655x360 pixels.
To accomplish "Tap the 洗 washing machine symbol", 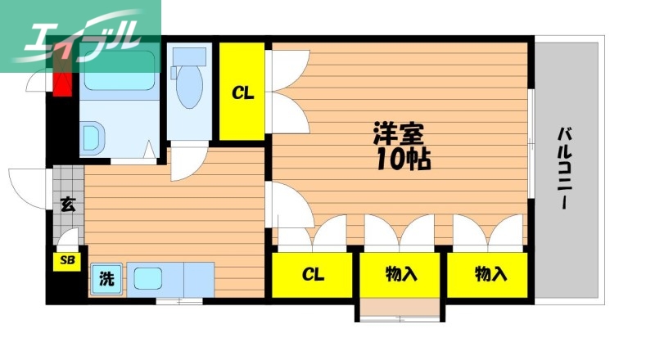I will tap(106, 279).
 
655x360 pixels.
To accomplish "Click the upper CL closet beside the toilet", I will tap(242, 92).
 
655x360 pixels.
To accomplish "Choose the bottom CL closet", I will tap(313, 274).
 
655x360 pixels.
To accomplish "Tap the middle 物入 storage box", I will tap(400, 274).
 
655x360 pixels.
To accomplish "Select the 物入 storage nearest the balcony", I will tap(490, 274).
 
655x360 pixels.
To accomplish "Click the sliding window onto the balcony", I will tap(531, 143).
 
